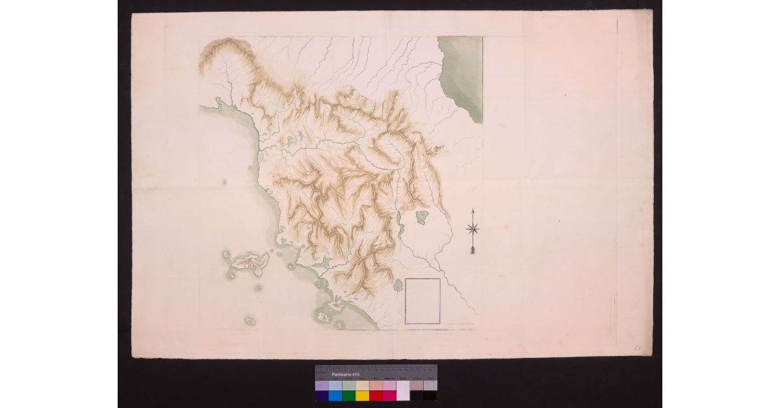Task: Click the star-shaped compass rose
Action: (473, 228)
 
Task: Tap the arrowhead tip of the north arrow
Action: (473, 210)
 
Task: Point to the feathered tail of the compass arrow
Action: (473, 249)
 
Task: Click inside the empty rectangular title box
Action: (422, 300)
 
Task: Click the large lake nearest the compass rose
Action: (422, 216)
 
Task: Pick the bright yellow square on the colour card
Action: (362, 395)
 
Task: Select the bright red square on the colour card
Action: (376, 395)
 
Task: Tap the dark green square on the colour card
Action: (348, 395)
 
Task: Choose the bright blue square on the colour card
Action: (335, 395)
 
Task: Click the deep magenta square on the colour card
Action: (389, 395)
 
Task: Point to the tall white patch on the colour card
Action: (403, 390)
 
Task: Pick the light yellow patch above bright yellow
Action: (362, 385)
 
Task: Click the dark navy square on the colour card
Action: (321, 395)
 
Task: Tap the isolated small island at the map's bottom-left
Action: (250, 320)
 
